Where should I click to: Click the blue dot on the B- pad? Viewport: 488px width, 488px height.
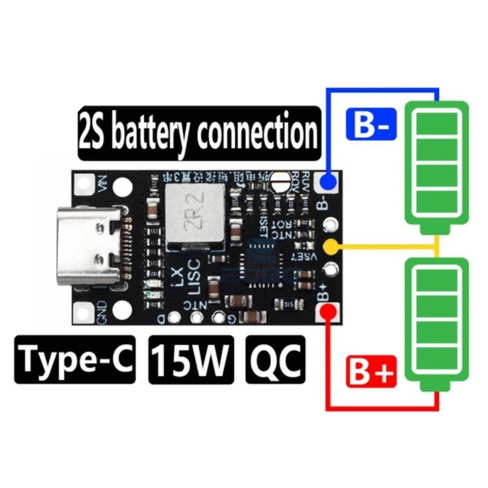click(329, 182)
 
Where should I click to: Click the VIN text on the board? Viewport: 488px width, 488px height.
click(101, 183)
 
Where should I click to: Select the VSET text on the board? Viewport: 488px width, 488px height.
click(310, 259)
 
